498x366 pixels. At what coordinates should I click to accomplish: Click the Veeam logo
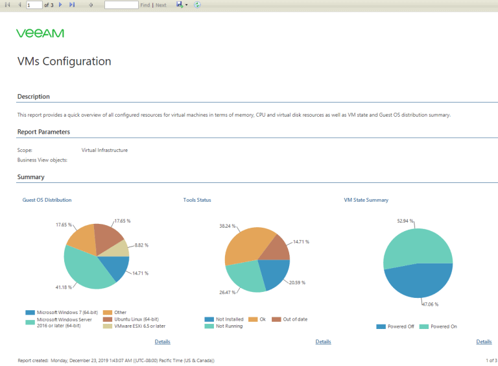click(x=40, y=33)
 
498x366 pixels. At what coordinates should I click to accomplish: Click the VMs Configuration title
click(x=64, y=62)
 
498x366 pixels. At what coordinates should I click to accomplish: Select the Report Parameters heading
click(x=43, y=132)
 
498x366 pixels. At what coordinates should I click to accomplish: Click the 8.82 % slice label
click(x=141, y=245)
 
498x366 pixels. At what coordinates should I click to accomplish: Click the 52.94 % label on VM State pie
click(x=405, y=221)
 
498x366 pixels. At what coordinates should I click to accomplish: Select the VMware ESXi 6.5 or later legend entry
click(x=134, y=326)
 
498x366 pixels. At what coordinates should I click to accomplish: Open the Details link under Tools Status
click(x=323, y=341)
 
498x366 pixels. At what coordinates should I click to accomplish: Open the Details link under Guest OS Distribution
click(x=162, y=341)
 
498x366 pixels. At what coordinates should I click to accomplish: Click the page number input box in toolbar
click(x=34, y=5)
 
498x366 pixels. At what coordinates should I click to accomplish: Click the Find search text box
click(x=121, y=5)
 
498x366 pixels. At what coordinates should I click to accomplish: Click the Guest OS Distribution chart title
click(x=47, y=200)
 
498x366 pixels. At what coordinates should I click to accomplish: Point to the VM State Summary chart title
click(x=366, y=200)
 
